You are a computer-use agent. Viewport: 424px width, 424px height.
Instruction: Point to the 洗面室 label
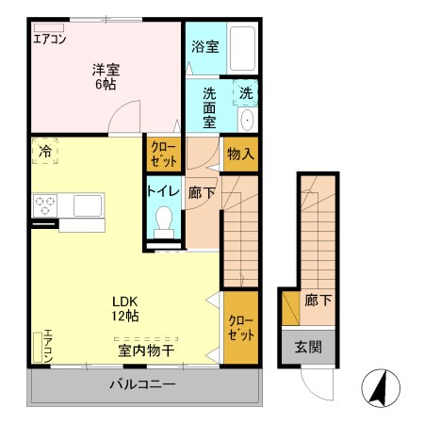click(207, 106)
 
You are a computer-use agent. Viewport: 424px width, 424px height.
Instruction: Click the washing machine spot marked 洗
click(245, 93)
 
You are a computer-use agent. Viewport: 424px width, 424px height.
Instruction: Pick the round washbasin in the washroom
click(247, 120)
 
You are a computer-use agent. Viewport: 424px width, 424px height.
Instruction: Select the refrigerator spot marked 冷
click(44, 151)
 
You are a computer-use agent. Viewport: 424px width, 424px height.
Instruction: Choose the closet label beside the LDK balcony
click(240, 327)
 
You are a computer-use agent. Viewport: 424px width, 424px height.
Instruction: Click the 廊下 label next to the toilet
click(200, 190)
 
